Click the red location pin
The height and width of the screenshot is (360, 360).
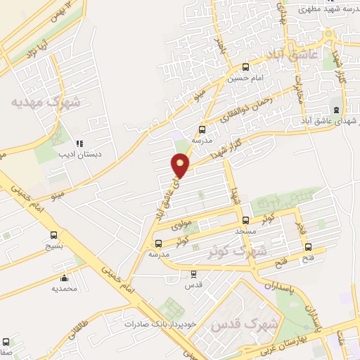pos(181,165)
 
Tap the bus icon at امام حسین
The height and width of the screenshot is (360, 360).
pos(245,67)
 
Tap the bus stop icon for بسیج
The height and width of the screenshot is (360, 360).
pos(54,236)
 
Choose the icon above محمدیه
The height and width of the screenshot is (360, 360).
pos(65,277)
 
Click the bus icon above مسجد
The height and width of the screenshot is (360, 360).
pos(245,220)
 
